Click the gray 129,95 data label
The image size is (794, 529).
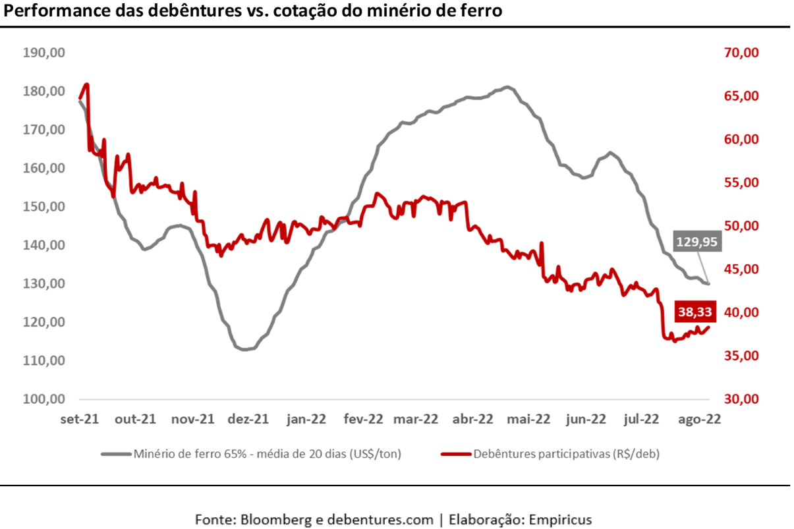(697, 242)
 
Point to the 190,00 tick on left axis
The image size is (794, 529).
(43, 53)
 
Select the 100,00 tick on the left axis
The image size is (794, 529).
(43, 399)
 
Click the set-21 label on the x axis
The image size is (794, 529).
(80, 419)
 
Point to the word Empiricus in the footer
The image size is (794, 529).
(560, 518)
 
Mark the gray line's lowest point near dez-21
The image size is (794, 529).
(244, 349)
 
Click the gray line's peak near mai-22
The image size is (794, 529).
(506, 87)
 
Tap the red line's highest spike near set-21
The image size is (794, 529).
(87, 84)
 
